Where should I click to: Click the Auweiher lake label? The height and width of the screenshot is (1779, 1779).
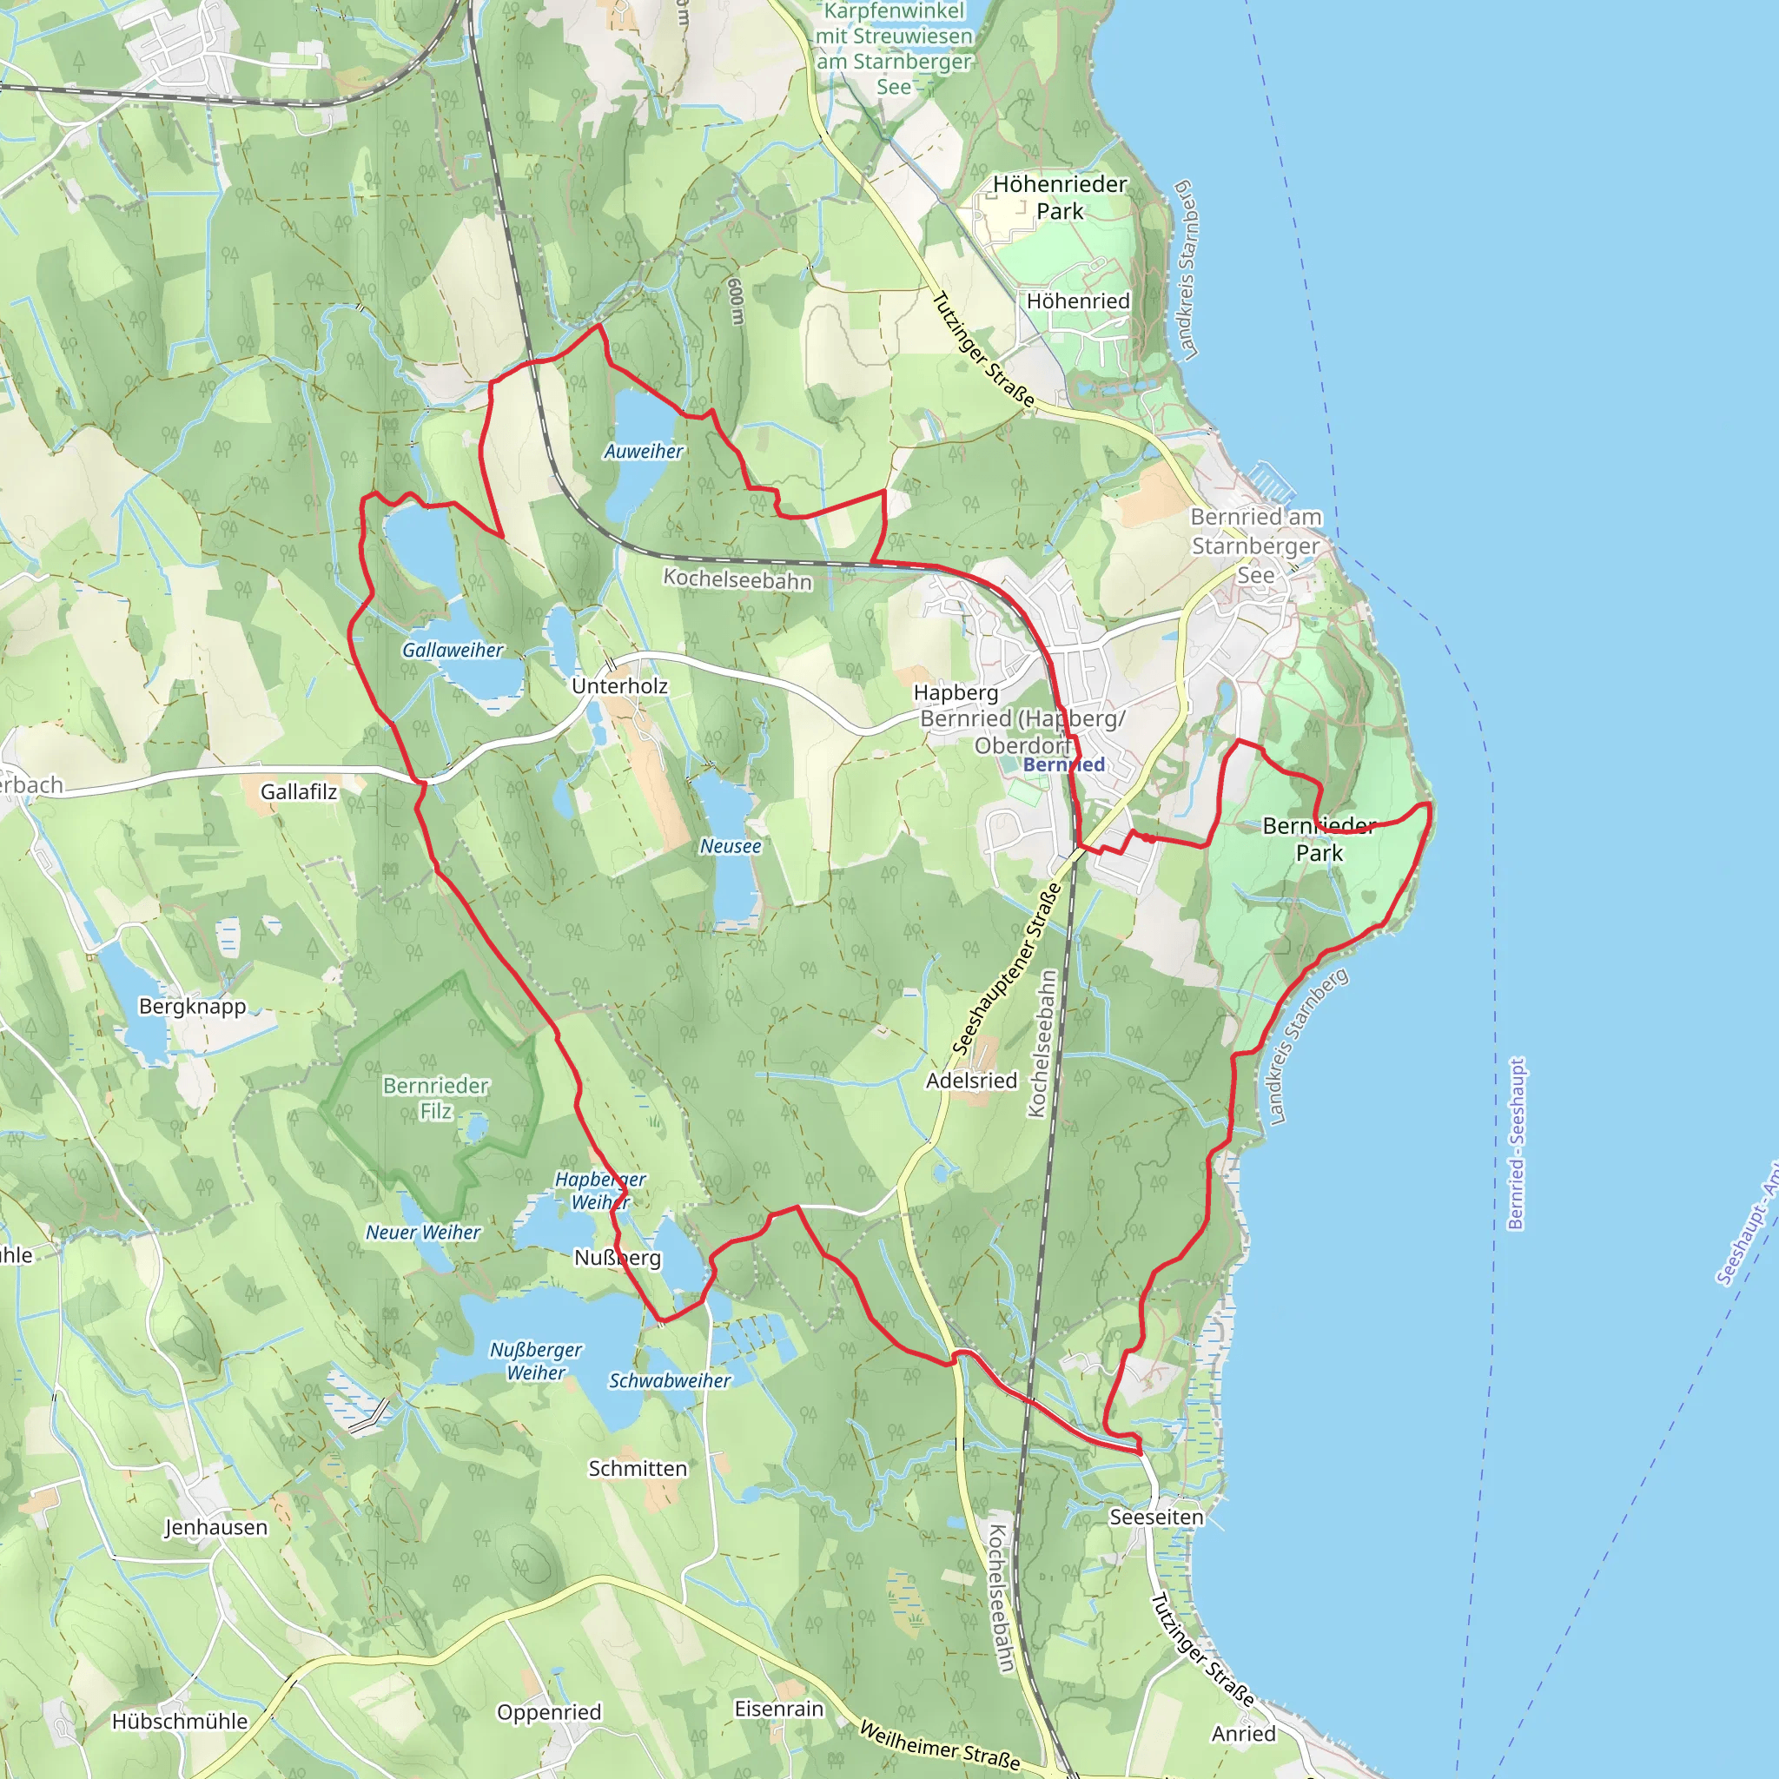[x=644, y=451]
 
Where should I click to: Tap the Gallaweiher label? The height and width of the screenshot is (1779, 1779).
[x=453, y=650]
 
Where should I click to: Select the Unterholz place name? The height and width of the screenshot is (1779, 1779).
[x=619, y=686]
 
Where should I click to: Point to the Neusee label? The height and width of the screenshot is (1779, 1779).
[x=731, y=846]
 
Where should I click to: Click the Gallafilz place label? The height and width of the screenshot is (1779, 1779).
[x=298, y=792]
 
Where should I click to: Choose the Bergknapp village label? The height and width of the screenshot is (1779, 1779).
[x=193, y=1007]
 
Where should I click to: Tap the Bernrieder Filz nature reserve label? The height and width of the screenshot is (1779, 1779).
[x=435, y=1099]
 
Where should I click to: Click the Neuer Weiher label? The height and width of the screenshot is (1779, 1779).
[x=424, y=1233]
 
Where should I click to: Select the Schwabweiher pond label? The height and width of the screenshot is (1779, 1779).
[x=670, y=1381]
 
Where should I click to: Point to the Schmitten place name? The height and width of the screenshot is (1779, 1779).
[x=638, y=1469]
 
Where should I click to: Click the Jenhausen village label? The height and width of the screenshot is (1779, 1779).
[x=216, y=1528]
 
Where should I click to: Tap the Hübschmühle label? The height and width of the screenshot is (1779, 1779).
[x=180, y=1722]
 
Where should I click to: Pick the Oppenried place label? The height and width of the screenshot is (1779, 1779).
[x=549, y=1713]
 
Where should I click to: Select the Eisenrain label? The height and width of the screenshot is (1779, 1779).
[x=779, y=1709]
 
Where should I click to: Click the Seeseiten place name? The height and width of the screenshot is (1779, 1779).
[x=1156, y=1518]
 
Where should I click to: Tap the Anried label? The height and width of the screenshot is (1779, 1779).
[x=1244, y=1734]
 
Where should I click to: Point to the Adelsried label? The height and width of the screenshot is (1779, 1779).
[x=971, y=1081]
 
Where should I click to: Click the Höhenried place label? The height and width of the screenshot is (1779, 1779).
[x=1078, y=301]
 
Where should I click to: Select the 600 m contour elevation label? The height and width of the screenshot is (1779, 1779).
[x=736, y=302]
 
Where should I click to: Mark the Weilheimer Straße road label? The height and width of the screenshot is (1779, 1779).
[x=939, y=1746]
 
